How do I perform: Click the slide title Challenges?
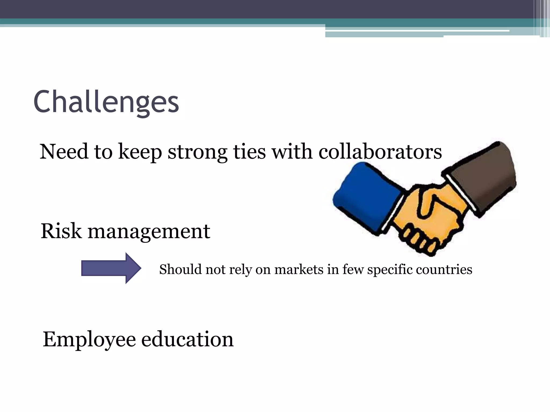(106, 102)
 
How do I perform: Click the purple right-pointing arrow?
(111, 268)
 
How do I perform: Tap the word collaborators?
(380, 152)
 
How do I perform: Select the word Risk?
(61, 231)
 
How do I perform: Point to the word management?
(149, 232)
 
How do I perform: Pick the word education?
(187, 339)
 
